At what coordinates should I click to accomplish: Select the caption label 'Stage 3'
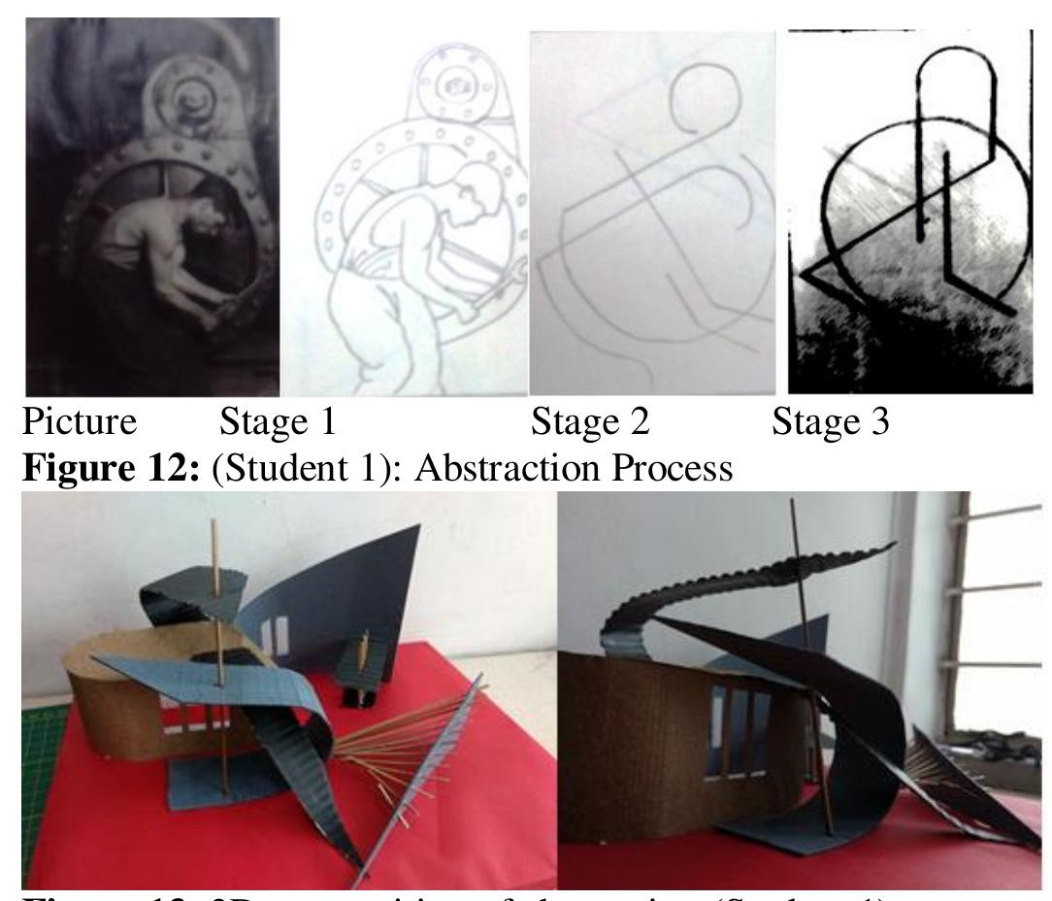[x=832, y=424]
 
